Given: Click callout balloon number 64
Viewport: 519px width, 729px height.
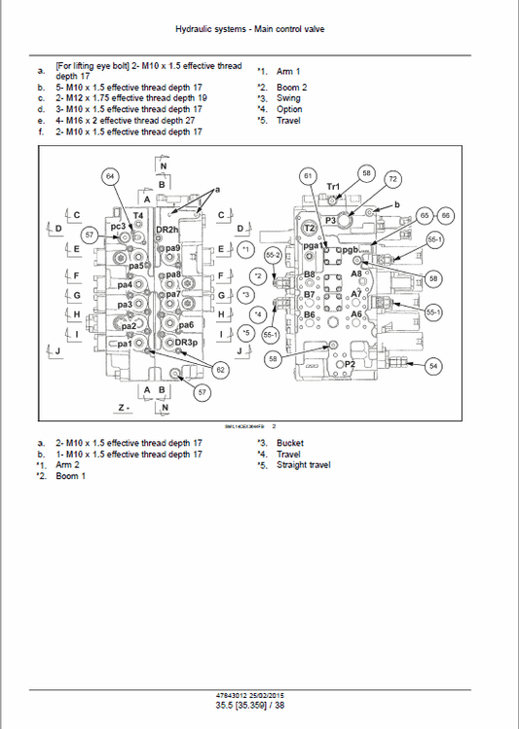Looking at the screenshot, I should (x=110, y=176).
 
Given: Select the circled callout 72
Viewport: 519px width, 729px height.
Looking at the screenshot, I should (x=392, y=179).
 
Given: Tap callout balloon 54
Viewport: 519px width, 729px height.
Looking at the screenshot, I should (x=433, y=365).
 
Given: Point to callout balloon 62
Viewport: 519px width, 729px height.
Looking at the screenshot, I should (x=220, y=370).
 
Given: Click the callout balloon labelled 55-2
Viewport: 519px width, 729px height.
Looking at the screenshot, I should (x=273, y=254).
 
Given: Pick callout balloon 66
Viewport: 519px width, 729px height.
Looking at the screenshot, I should (x=446, y=215).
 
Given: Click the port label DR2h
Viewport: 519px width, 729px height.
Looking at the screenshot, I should (x=167, y=229).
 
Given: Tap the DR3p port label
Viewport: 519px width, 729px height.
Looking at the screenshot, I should (x=185, y=343).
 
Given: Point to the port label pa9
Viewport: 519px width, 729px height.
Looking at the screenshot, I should (x=173, y=249).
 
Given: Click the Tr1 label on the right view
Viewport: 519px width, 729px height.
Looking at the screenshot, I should (x=333, y=186).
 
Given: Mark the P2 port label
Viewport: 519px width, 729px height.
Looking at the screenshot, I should (x=349, y=363).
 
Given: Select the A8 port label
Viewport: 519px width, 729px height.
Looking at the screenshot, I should (x=356, y=274).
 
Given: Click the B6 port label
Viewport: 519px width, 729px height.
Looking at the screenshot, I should (x=310, y=314).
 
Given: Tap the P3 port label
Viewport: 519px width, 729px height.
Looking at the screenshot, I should (x=330, y=221).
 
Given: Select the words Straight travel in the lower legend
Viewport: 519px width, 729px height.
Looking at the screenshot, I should (x=304, y=465).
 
